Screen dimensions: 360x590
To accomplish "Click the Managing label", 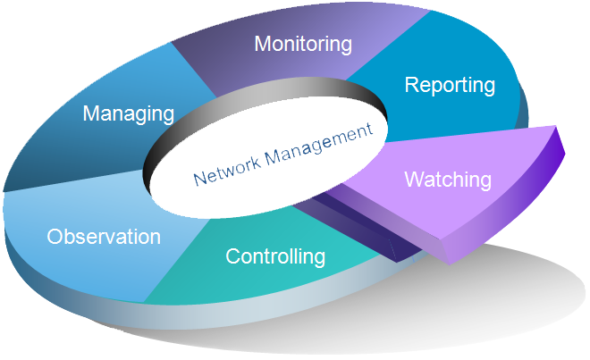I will [x=128, y=113].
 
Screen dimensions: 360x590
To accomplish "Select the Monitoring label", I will [x=303, y=43].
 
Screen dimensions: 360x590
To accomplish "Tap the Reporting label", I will [x=449, y=85].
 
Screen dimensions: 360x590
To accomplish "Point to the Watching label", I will [x=448, y=179].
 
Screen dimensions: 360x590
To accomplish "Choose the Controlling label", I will [x=274, y=257].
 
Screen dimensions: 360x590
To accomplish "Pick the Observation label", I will [x=104, y=237].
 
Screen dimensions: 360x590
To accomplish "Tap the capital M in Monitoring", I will [x=261, y=43].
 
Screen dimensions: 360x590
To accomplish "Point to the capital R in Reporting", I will [x=410, y=85].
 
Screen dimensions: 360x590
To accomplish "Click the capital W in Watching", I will [x=412, y=179].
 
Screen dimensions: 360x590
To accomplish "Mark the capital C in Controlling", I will [x=232, y=257].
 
